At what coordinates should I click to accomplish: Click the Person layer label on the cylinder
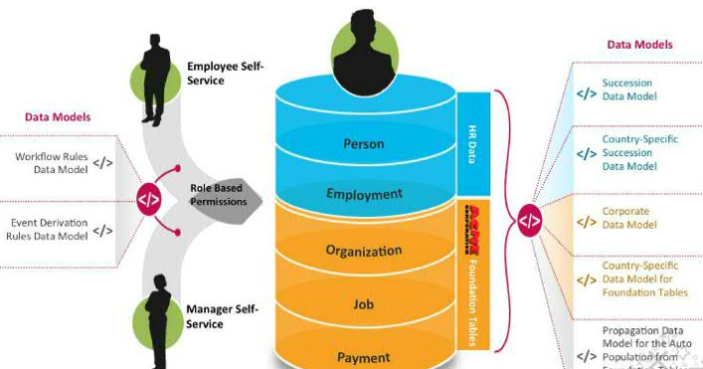[x=363, y=143]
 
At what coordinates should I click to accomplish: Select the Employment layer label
[x=364, y=194]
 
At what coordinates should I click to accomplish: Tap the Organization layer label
[x=363, y=251]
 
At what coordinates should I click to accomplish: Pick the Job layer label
[x=363, y=304]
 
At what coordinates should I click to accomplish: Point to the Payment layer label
[x=363, y=356]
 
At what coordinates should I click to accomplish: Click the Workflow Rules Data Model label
[x=51, y=163]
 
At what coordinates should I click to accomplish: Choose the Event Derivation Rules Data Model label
[x=49, y=229]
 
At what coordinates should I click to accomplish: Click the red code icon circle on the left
[x=149, y=198]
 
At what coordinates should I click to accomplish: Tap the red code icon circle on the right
[x=529, y=222]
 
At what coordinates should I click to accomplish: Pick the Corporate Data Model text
[x=629, y=218]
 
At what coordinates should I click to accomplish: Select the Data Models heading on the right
[x=639, y=45]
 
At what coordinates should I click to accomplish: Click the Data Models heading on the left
[x=58, y=117]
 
